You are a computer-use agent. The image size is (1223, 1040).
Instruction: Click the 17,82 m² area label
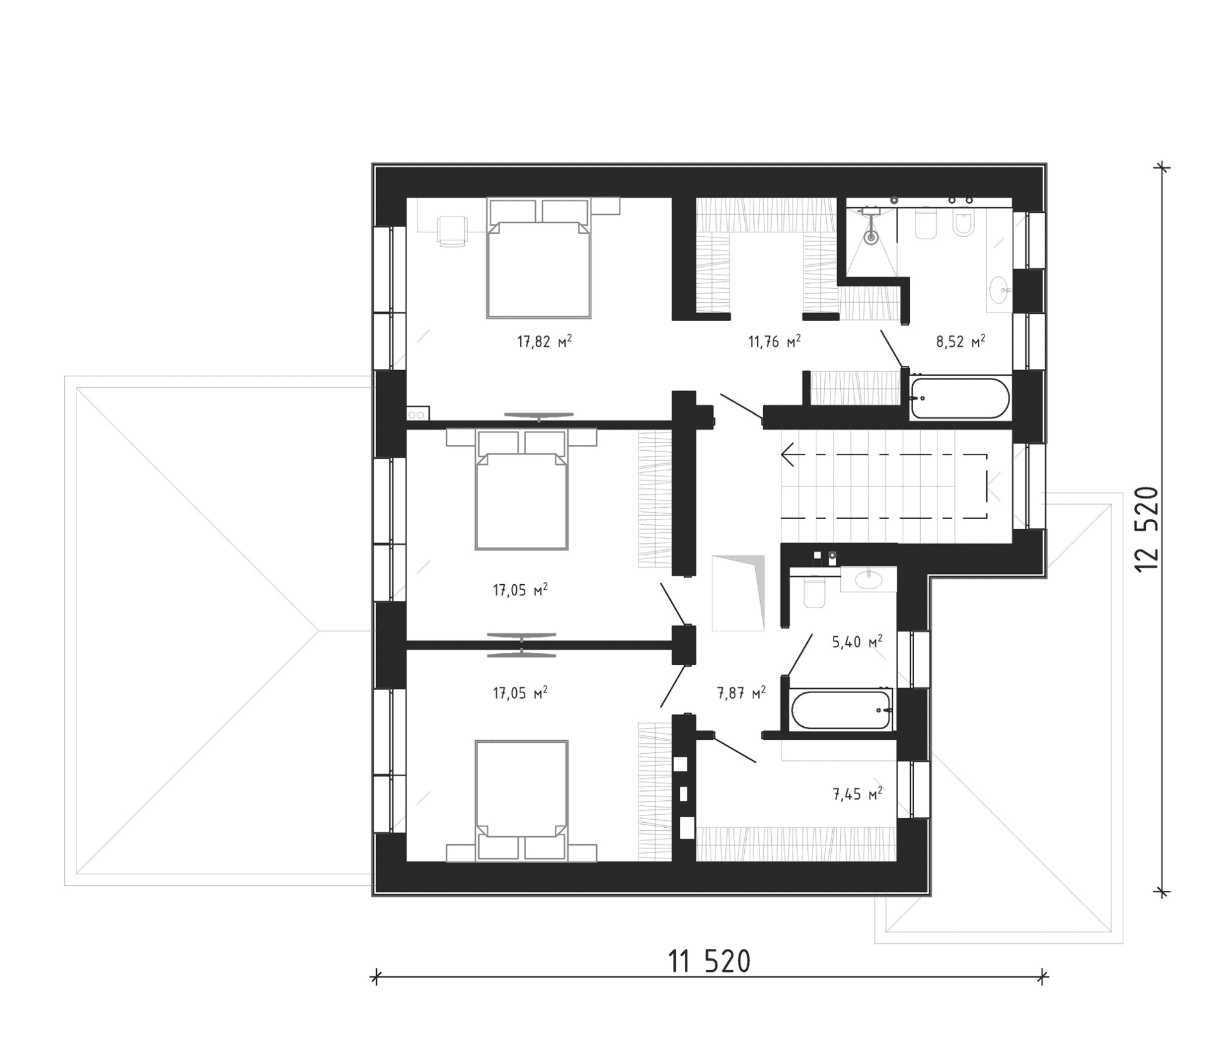[x=544, y=341]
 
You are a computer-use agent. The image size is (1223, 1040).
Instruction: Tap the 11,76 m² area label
[x=774, y=341]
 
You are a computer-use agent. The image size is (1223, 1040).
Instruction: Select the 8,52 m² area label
[x=960, y=341]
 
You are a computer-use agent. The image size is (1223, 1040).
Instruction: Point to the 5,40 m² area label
[x=857, y=642]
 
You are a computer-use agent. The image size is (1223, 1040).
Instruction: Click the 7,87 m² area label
[x=741, y=693]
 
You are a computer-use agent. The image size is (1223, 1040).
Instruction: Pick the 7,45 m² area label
[x=857, y=794]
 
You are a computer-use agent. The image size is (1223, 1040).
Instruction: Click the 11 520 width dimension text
[x=709, y=962]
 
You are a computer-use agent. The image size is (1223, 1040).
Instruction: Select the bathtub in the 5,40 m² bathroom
[x=841, y=710]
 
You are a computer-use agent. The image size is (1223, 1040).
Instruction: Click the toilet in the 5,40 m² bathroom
[x=814, y=593]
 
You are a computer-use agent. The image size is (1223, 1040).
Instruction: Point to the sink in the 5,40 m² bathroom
[x=868, y=579]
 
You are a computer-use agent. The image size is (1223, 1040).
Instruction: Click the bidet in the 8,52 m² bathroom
[x=963, y=225]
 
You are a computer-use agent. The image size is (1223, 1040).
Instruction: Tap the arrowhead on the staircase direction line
[x=787, y=455]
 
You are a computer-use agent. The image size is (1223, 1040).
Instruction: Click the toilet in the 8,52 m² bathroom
[x=926, y=225]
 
